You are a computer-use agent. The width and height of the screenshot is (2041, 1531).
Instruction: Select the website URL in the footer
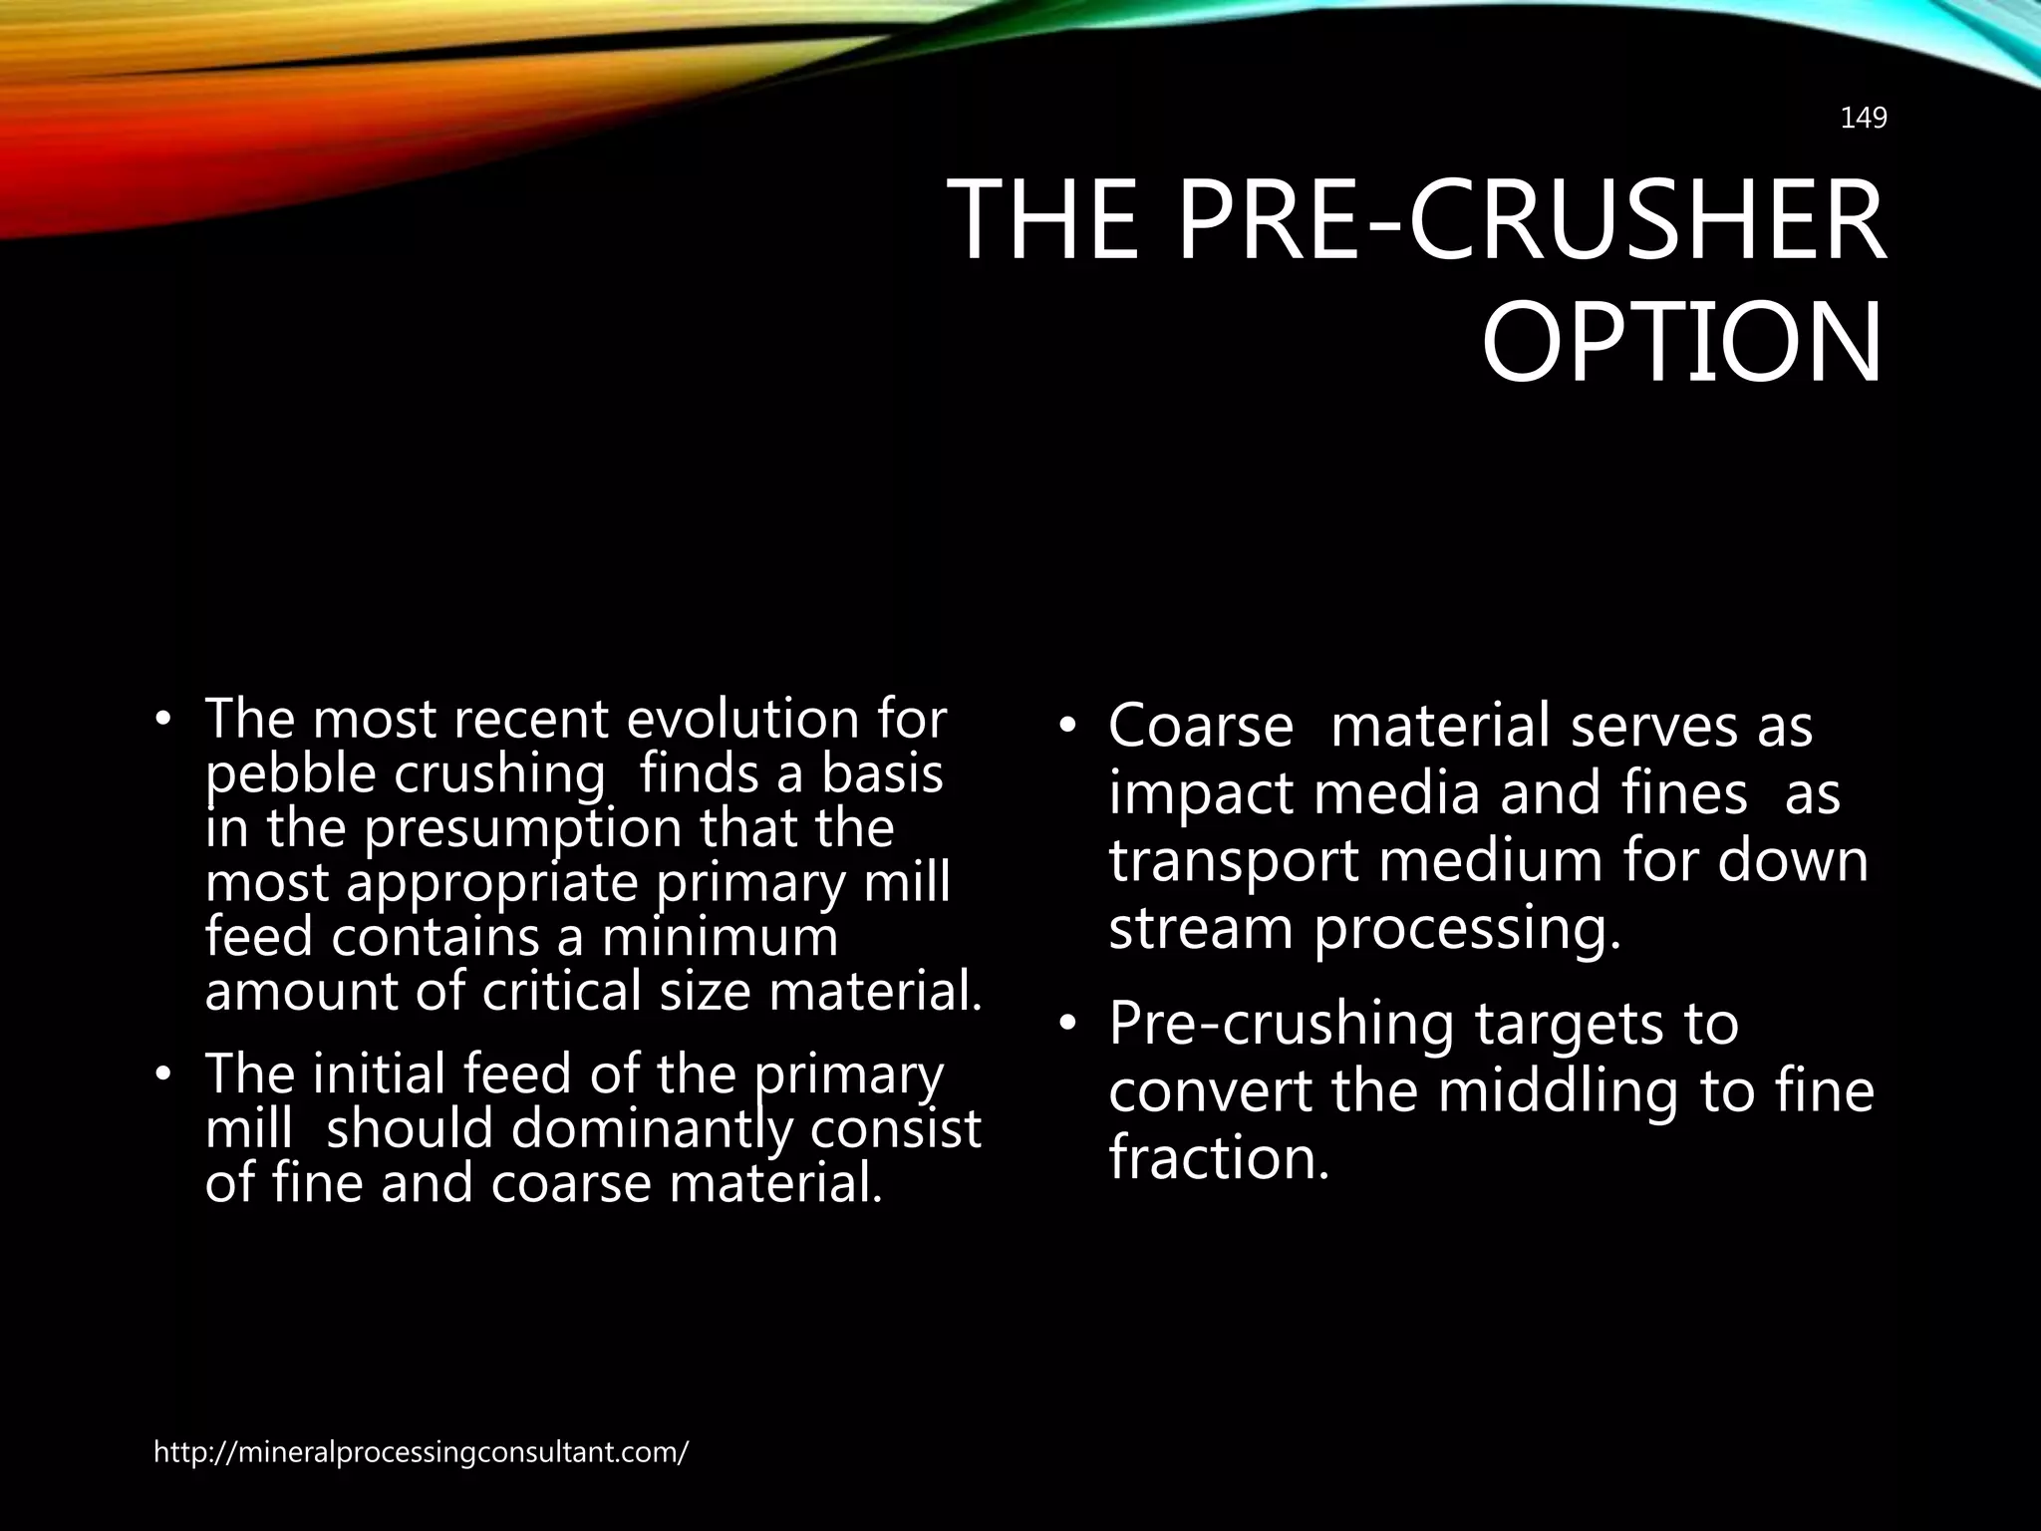421,1452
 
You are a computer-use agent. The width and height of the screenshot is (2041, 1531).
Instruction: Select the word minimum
720,938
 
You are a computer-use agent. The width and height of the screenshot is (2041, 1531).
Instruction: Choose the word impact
1200,794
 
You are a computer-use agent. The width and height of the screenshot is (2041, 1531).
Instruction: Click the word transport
1234,861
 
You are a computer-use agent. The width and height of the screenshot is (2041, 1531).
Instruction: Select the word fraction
1220,1159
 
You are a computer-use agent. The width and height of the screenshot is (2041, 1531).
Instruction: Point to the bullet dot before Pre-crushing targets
1067,1024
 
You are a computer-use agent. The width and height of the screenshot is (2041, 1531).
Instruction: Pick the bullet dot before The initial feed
162,1075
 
